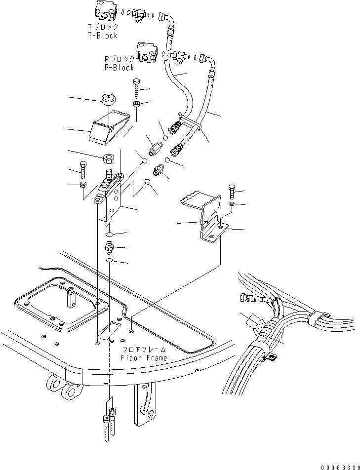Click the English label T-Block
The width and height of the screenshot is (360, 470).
pyautogui.click(x=103, y=36)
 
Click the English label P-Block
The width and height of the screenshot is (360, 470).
pyautogui.click(x=120, y=68)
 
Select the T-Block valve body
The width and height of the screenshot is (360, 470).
pyautogui.click(x=105, y=11)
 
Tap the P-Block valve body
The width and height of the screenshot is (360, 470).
pyautogui.click(x=146, y=52)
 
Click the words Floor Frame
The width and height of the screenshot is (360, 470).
pyautogui.click(x=144, y=357)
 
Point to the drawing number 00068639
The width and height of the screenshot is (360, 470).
pyautogui.click(x=340, y=468)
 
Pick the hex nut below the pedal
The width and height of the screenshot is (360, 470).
pyautogui.click(x=108, y=159)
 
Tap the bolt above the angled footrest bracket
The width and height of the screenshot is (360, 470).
pyautogui.click(x=232, y=192)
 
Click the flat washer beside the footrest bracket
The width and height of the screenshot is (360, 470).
pyautogui.click(x=232, y=204)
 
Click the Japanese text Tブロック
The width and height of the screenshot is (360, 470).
pyautogui.click(x=103, y=27)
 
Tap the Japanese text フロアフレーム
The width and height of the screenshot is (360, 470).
pyautogui.click(x=144, y=350)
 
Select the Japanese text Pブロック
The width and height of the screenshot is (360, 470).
pyautogui.click(x=120, y=59)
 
